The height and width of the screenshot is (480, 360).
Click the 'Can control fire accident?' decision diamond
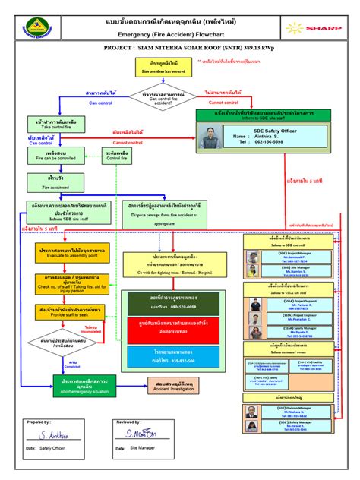point(156,98)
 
